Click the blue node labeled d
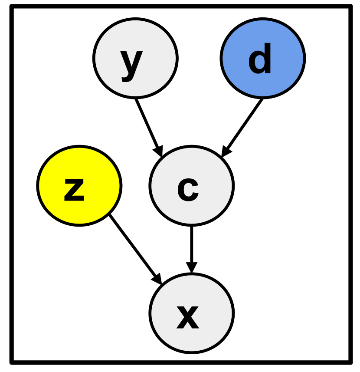pos(263,57)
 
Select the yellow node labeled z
pos(79,185)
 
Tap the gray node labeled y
pos(135,57)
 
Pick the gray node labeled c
pos(191,185)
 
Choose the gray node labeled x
pos(191,313)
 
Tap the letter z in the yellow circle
pos(74,190)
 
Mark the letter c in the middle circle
pos(188,190)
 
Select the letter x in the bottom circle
pos(188,316)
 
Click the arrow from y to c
pos(148,126)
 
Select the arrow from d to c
pos(243,126)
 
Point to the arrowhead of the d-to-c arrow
pos(226,151)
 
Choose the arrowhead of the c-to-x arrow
pos(191,268)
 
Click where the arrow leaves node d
pos(262,100)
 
